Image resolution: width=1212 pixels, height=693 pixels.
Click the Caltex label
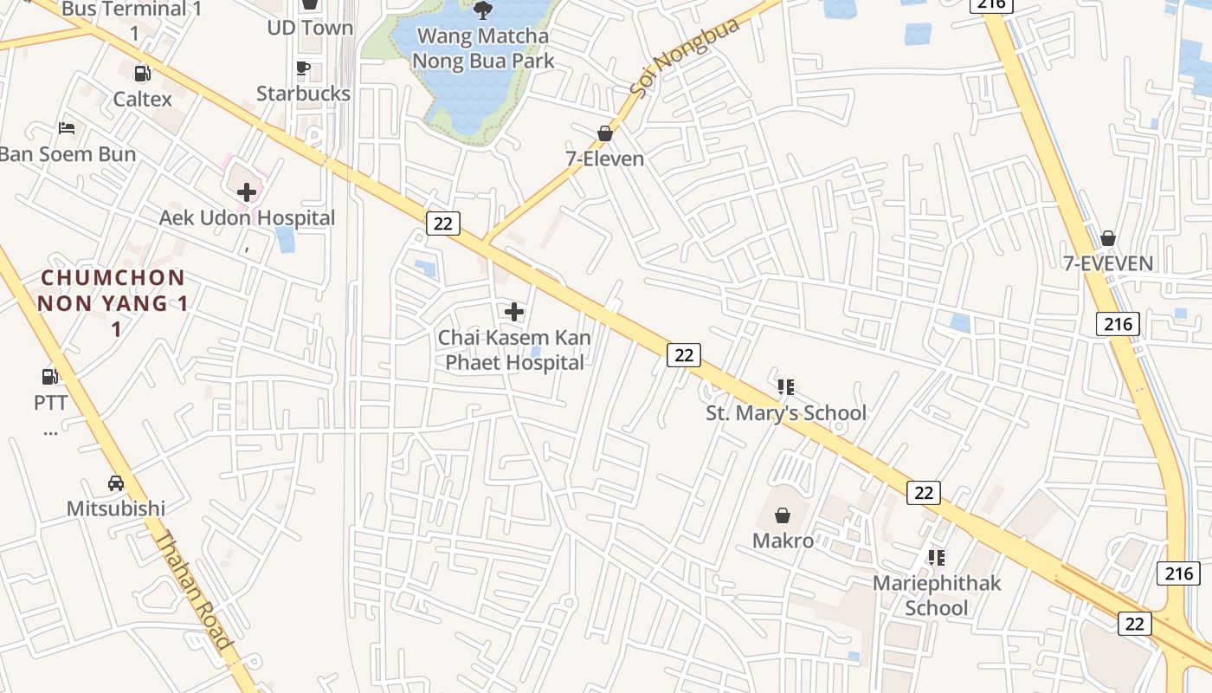pyautogui.click(x=143, y=100)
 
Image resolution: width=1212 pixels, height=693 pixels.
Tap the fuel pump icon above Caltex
pyautogui.click(x=143, y=74)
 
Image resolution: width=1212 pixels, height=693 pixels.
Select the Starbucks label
pyautogui.click(x=303, y=94)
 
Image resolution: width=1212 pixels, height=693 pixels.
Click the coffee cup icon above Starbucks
pyautogui.click(x=303, y=68)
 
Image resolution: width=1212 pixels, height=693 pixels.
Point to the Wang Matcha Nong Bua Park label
pyautogui.click(x=483, y=49)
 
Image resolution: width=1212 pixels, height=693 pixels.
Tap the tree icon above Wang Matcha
pyautogui.click(x=483, y=10)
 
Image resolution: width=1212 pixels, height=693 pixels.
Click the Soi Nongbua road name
pyautogui.click(x=683, y=57)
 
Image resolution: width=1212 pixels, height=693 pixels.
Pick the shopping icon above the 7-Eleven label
pyautogui.click(x=605, y=133)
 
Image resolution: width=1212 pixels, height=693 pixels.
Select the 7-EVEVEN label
pyautogui.click(x=1108, y=263)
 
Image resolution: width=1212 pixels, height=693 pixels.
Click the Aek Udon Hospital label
pyautogui.click(x=247, y=217)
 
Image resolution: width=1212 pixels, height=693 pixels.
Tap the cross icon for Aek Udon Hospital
pyautogui.click(x=247, y=191)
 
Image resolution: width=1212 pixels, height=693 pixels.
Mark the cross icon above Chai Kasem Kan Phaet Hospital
pyautogui.click(x=514, y=311)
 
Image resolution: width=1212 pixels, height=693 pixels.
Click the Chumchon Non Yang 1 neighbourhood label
pyautogui.click(x=113, y=302)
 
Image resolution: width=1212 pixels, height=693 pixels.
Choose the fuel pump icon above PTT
pyautogui.click(x=50, y=376)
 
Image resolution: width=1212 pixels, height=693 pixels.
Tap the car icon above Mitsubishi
pyautogui.click(x=116, y=483)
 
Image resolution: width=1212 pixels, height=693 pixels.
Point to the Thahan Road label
pyautogui.click(x=194, y=589)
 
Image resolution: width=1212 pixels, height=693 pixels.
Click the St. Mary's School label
pyautogui.click(x=785, y=413)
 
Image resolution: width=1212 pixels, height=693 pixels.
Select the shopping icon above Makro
pyautogui.click(x=783, y=515)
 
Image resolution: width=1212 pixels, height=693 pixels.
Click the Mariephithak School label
pyautogui.click(x=936, y=595)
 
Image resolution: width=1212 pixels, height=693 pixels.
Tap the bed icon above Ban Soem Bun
pyautogui.click(x=67, y=128)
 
